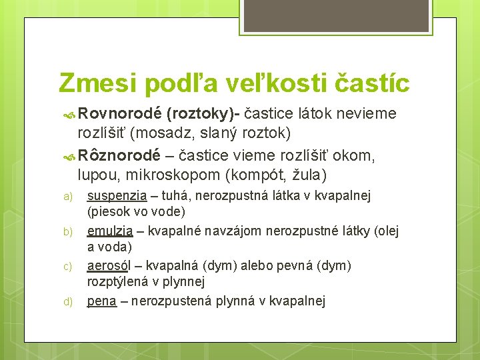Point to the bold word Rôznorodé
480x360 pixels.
pos(119,156)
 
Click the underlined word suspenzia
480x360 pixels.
pos(117,196)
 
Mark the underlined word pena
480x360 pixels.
pos(101,301)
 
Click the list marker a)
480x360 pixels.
pos(67,197)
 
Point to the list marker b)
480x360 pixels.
pos(67,232)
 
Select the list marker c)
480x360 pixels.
pos(67,267)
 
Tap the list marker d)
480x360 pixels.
pos(67,301)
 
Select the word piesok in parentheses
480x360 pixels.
pos(109,213)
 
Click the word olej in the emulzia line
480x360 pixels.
pos(387,231)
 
